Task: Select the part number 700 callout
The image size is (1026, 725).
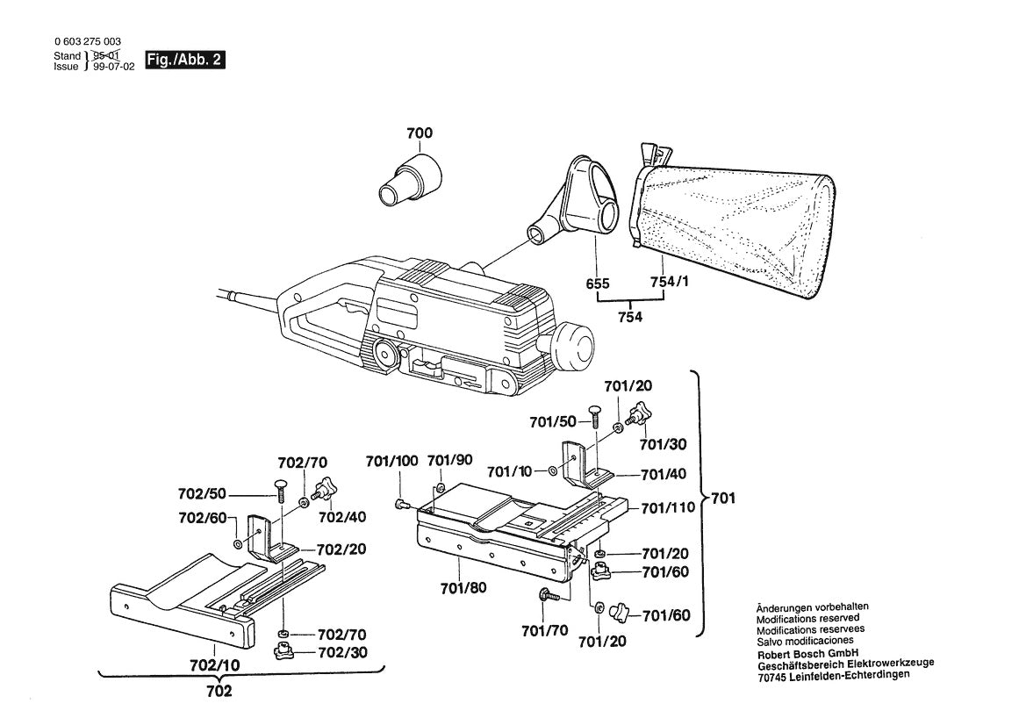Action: click(x=420, y=133)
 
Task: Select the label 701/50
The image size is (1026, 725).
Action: click(x=553, y=422)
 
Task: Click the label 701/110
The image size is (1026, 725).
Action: click(x=667, y=508)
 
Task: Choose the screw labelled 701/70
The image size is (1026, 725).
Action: click(x=545, y=595)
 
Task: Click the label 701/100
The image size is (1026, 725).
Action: click(x=391, y=461)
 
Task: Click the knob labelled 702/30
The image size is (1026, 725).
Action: click(x=283, y=651)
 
